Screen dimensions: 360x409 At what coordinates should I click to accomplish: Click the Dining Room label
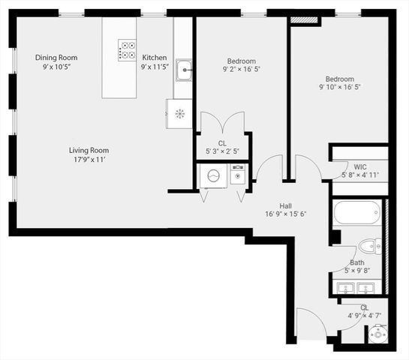(x=56, y=58)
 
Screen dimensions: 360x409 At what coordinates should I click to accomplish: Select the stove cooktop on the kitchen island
(x=126, y=49)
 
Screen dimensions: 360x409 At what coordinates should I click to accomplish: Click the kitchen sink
(x=184, y=70)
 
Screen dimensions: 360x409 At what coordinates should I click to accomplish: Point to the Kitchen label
(x=155, y=58)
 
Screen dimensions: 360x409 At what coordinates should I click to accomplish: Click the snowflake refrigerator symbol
(x=179, y=114)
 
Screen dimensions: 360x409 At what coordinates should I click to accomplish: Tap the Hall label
(x=285, y=205)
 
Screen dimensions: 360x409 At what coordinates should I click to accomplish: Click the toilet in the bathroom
(x=368, y=246)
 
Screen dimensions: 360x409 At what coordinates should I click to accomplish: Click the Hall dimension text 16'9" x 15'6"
(x=285, y=214)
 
